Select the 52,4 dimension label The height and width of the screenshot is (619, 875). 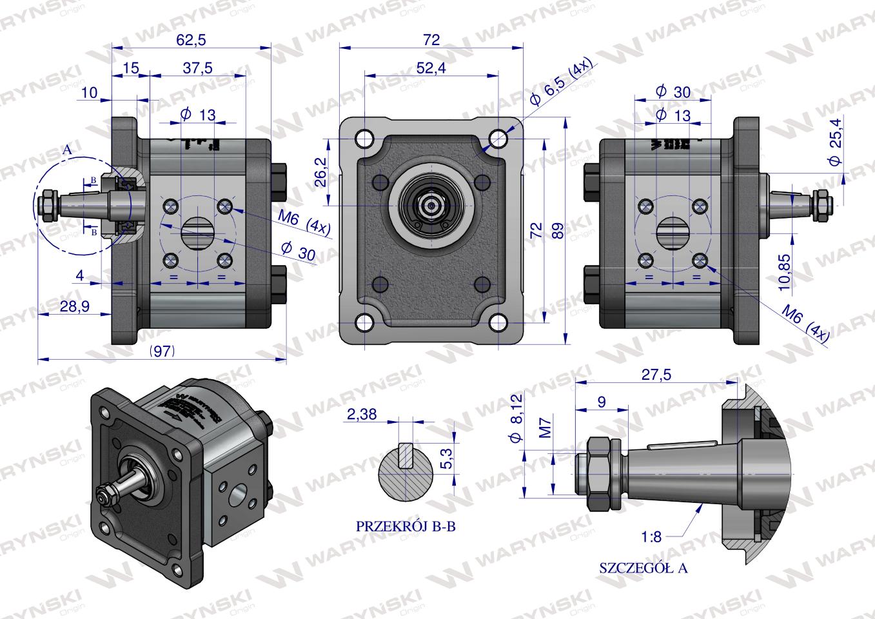tap(431, 68)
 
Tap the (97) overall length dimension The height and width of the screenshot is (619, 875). tap(162, 351)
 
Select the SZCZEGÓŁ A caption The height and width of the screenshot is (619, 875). tap(644, 568)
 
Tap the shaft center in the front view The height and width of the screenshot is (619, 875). tap(429, 206)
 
